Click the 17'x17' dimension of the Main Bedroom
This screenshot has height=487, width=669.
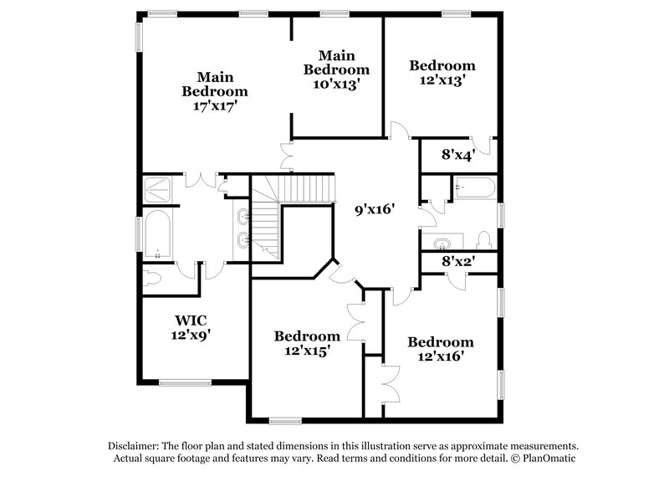pyautogui.click(x=216, y=106)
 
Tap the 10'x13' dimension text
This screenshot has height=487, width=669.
pyautogui.click(x=335, y=84)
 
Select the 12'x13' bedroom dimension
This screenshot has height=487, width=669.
pyautogui.click(x=442, y=80)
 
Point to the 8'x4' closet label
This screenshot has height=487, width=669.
pyautogui.click(x=457, y=154)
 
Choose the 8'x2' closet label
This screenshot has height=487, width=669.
pyautogui.click(x=458, y=262)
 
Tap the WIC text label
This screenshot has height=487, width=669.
pyautogui.click(x=191, y=320)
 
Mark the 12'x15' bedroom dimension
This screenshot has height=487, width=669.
pyautogui.click(x=307, y=352)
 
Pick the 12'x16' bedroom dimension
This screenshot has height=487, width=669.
pyautogui.click(x=441, y=356)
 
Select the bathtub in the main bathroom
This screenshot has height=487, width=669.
pyautogui.click(x=158, y=233)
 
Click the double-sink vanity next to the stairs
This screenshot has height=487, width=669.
pyautogui.click(x=243, y=229)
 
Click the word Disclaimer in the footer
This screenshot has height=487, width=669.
pyautogui.click(x=136, y=446)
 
